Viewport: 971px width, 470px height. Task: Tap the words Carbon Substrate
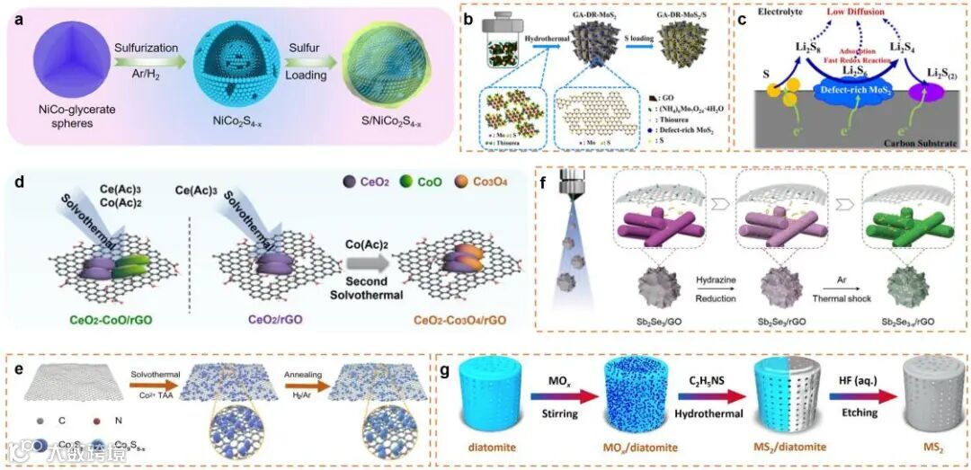coord(913,141)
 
